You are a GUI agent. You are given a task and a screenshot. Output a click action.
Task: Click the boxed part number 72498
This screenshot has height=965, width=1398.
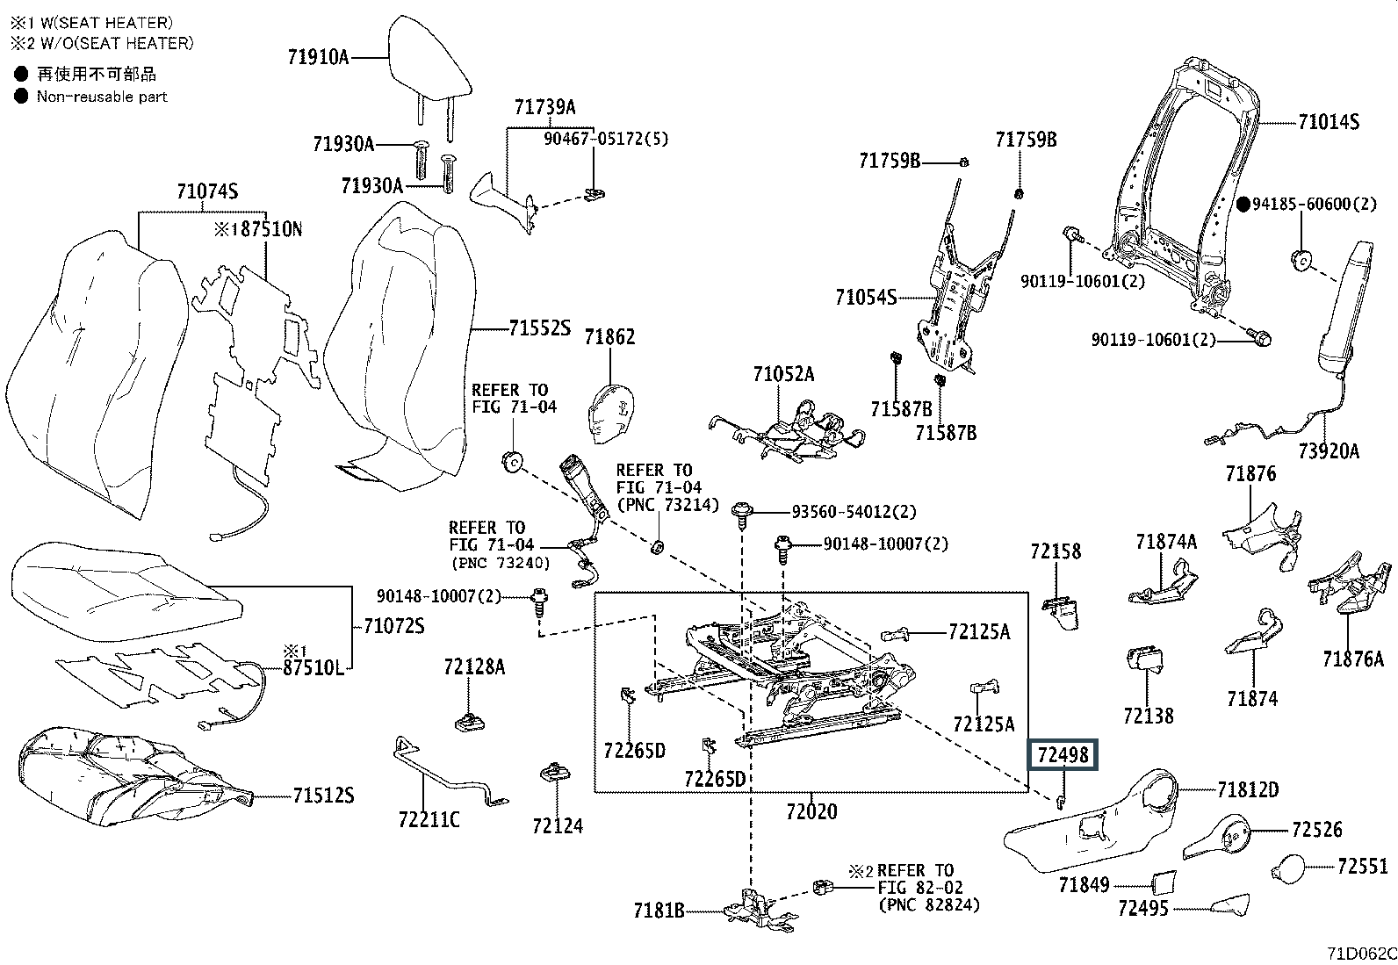click(1063, 755)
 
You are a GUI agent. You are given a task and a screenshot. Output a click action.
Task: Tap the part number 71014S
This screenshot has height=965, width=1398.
click(1328, 122)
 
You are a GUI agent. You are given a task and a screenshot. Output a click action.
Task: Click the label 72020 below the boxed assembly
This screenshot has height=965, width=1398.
click(811, 811)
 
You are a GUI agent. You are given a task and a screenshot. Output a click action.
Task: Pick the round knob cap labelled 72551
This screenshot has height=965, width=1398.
click(1288, 868)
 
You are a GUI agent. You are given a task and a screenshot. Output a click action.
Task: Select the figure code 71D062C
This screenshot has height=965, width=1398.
click(1362, 953)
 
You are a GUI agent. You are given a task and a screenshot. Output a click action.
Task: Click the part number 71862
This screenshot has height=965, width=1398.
click(609, 337)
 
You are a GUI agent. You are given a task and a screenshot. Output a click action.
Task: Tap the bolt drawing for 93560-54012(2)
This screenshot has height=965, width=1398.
click(742, 515)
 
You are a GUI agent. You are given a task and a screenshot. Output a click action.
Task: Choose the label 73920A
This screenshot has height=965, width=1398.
click(1329, 450)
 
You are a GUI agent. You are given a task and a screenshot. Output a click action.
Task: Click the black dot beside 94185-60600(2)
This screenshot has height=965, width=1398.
click(1243, 204)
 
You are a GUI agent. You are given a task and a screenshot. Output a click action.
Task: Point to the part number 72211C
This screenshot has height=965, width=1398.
click(429, 819)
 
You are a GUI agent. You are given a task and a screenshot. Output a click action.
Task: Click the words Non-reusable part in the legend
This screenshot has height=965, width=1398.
click(103, 97)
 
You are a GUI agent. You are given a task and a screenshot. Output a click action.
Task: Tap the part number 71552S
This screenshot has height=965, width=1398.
click(540, 328)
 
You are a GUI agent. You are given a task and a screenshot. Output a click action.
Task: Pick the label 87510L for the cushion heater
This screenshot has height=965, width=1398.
click(313, 668)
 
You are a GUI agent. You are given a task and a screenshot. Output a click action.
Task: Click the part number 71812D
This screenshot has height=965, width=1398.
click(1248, 790)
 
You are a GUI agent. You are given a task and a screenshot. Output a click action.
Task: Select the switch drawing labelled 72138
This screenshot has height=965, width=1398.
click(1145, 660)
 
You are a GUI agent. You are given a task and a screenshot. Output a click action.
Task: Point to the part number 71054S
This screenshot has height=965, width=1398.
click(866, 297)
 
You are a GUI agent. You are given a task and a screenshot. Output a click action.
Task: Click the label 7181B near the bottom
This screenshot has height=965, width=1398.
click(659, 911)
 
